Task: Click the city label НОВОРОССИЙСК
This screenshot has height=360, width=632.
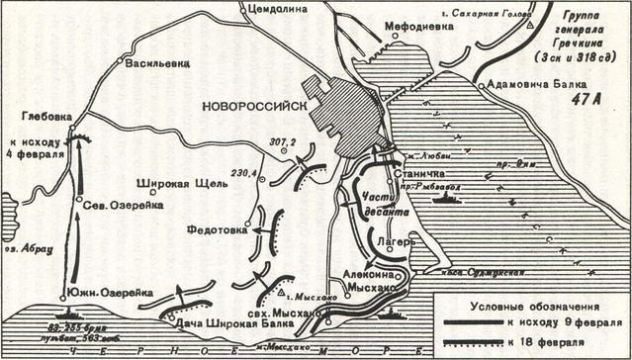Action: [253, 106]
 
